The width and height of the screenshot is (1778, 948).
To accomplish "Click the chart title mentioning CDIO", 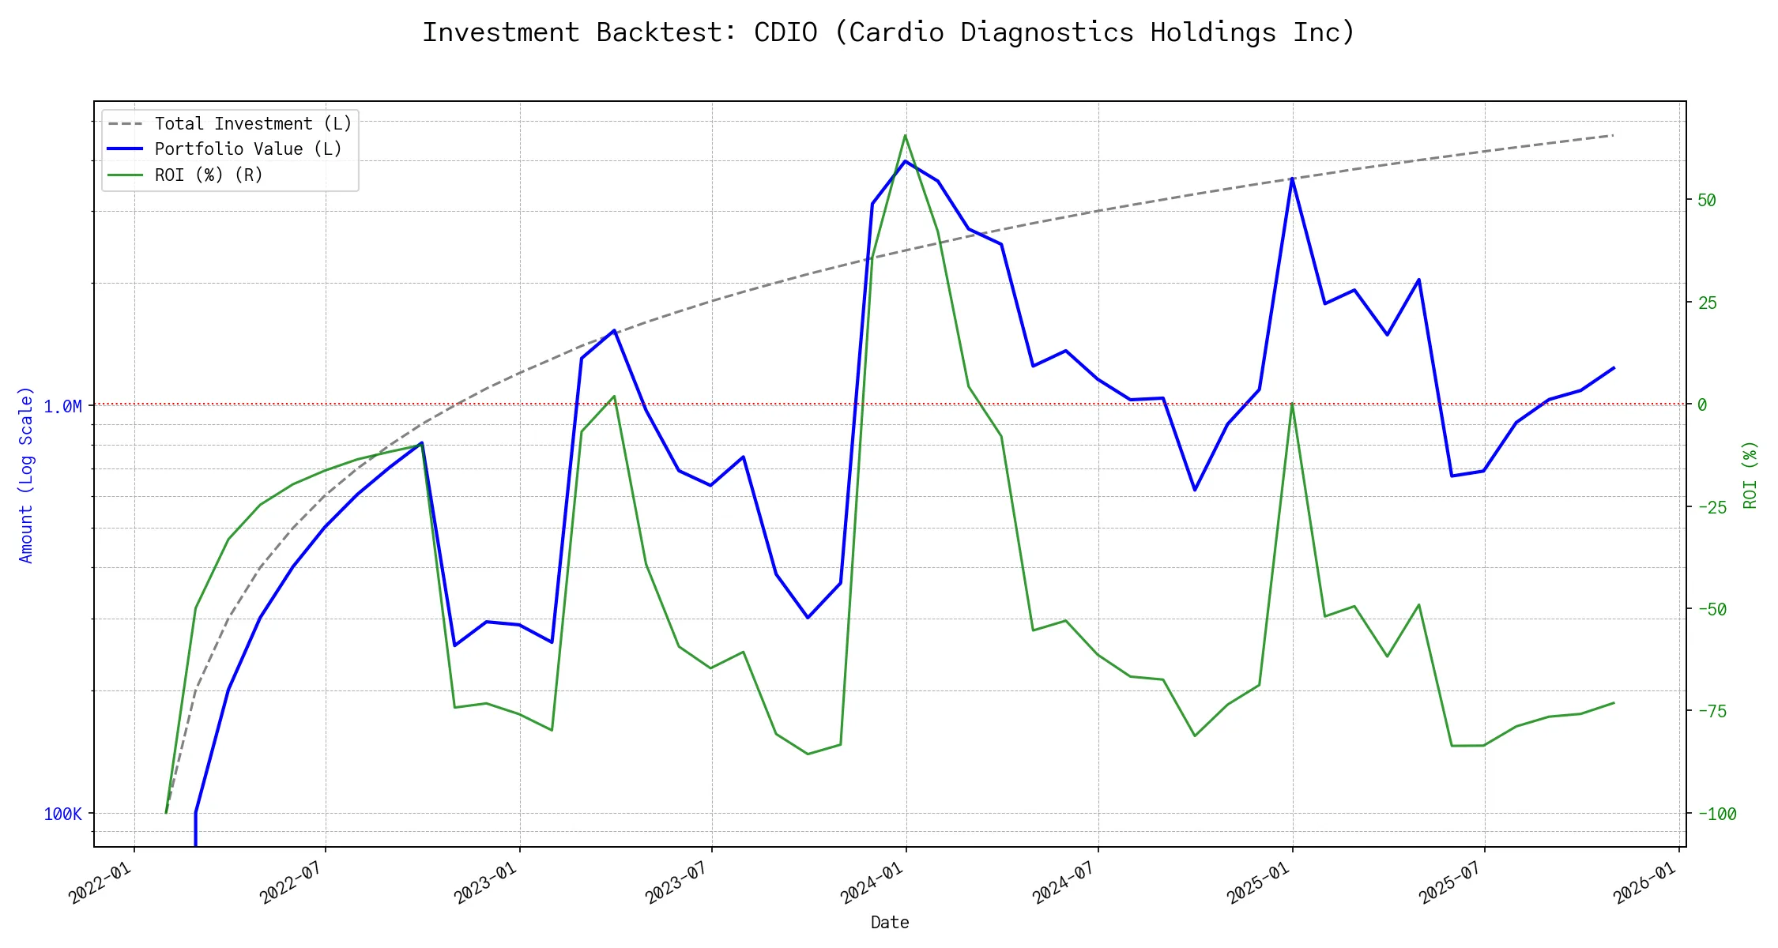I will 888,32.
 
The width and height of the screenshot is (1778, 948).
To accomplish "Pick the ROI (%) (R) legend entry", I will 209,175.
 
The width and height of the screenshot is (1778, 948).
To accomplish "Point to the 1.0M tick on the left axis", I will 62,406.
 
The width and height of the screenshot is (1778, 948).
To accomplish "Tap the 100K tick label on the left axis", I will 62,814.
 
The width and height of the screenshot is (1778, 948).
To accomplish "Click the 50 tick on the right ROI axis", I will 1707,201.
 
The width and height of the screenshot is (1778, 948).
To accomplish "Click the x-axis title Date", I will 890,923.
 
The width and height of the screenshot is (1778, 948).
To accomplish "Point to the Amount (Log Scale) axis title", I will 27,474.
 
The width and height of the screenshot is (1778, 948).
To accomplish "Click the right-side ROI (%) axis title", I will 1750,474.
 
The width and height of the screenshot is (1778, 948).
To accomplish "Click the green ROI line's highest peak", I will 905,135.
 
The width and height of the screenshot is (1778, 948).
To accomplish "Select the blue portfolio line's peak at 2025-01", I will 1292,179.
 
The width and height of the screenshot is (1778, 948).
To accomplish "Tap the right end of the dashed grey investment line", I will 1613,136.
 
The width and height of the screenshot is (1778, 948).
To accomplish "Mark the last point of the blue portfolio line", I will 1614,368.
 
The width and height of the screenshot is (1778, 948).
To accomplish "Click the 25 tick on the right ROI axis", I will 1707,303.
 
